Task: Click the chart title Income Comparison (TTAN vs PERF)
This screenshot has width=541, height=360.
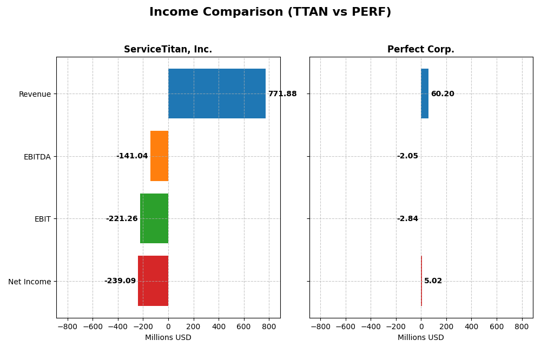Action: (x=270, y=12)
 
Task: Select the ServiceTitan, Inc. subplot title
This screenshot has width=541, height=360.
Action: (x=168, y=50)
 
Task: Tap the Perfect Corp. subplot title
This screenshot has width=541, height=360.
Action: (x=420, y=50)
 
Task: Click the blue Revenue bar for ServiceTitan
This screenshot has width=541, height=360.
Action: (x=216, y=94)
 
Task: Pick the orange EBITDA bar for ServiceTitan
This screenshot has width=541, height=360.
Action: (x=159, y=156)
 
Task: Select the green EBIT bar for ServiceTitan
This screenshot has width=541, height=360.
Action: (x=154, y=218)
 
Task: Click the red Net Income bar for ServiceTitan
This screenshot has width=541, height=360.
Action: (x=153, y=281)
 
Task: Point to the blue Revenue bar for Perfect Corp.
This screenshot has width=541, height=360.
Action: (x=425, y=94)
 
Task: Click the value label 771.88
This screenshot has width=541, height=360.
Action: (x=282, y=94)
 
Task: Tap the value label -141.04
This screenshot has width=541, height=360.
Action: (x=132, y=156)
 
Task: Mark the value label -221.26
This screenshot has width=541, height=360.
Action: (x=122, y=219)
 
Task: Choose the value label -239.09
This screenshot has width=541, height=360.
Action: (x=120, y=281)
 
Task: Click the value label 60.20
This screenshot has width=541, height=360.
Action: (x=443, y=94)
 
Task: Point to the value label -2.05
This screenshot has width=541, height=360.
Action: (x=407, y=156)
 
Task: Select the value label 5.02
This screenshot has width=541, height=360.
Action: (x=433, y=281)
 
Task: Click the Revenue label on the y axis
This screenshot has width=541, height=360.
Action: (x=35, y=95)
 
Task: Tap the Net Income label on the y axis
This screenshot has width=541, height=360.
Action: (x=29, y=282)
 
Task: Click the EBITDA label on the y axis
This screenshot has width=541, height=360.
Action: (x=37, y=157)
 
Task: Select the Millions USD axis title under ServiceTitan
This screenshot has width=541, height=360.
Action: (x=168, y=338)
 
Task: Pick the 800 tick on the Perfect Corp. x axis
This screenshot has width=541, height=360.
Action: (x=522, y=327)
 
